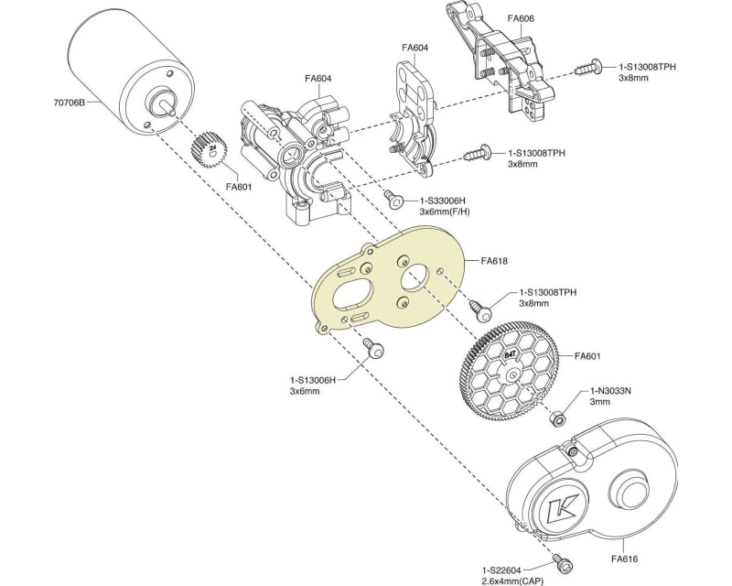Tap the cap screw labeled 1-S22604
click(x=555, y=558)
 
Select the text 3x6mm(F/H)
click(x=445, y=212)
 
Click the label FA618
click(x=493, y=261)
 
